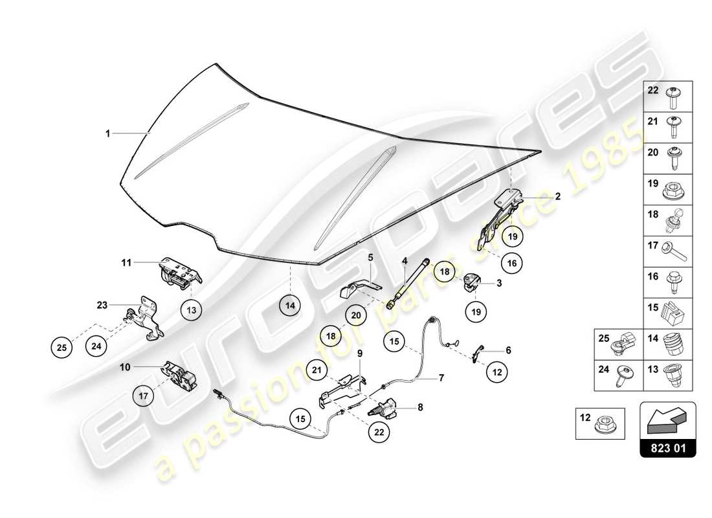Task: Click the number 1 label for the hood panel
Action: pos(108,133)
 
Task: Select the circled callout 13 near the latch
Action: pos(192,310)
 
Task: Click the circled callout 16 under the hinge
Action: pos(511,263)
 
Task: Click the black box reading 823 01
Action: pos(668,447)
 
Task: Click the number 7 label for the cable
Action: pos(441,377)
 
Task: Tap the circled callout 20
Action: pos(355,315)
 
